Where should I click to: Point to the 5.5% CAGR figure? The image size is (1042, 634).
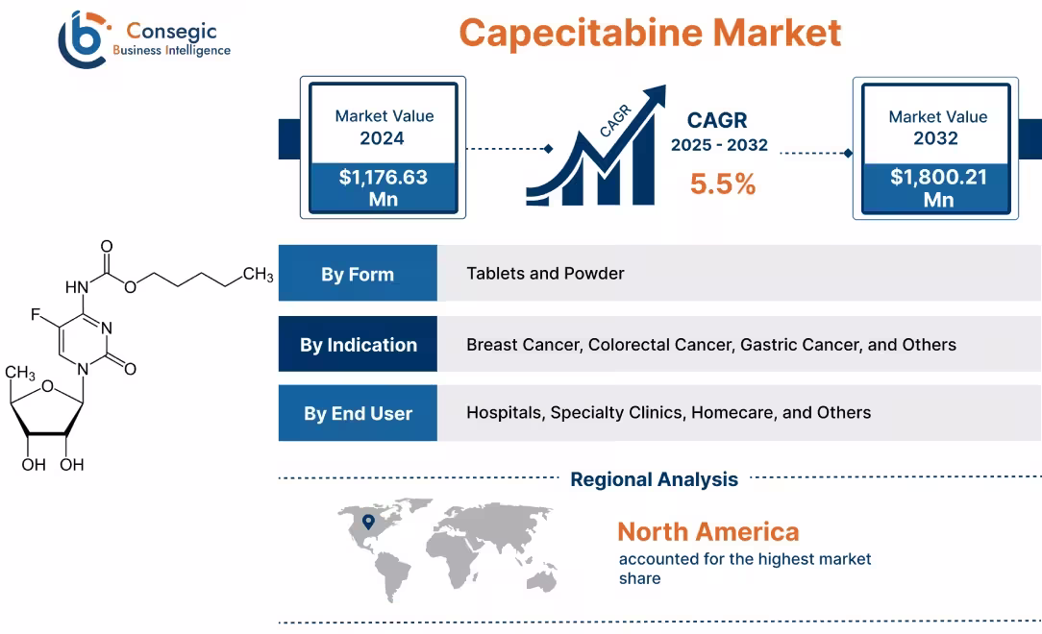(x=723, y=183)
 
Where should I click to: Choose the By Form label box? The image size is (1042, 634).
(x=358, y=274)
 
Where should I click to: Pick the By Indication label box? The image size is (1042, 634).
(x=358, y=344)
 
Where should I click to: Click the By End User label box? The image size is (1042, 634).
(x=358, y=413)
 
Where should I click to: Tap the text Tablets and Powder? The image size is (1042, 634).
(x=545, y=274)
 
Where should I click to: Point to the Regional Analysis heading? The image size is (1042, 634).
(x=654, y=479)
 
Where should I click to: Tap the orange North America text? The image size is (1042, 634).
(x=707, y=531)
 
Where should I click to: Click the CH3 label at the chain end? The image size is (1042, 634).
(x=258, y=276)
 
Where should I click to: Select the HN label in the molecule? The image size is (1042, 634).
(x=78, y=286)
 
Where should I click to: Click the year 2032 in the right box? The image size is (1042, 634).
(x=936, y=138)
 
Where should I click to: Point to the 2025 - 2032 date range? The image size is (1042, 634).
(x=719, y=146)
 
